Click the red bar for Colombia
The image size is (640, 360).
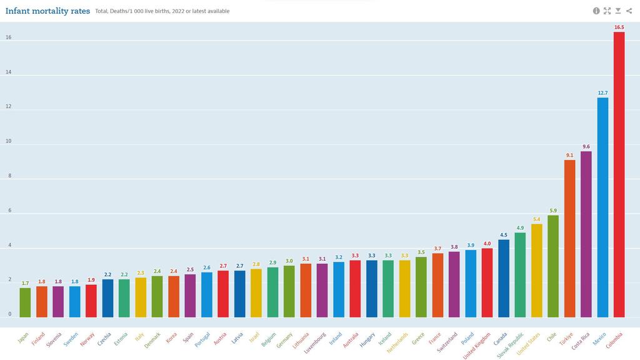[619, 175]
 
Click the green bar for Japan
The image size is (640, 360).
[25, 302]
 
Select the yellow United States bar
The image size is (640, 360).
[537, 271]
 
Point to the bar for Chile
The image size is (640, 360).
[553, 266]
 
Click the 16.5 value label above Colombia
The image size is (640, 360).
[619, 27]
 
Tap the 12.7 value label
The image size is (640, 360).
[602, 93]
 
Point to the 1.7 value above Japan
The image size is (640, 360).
[25, 283]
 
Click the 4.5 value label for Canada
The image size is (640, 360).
[504, 235]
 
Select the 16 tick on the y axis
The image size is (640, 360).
[9, 37]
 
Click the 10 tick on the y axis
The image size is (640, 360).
[9, 141]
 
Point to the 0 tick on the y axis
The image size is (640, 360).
[9, 314]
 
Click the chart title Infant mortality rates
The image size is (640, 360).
[47, 11]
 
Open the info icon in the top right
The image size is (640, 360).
[596, 11]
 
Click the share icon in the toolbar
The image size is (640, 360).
[629, 11]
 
